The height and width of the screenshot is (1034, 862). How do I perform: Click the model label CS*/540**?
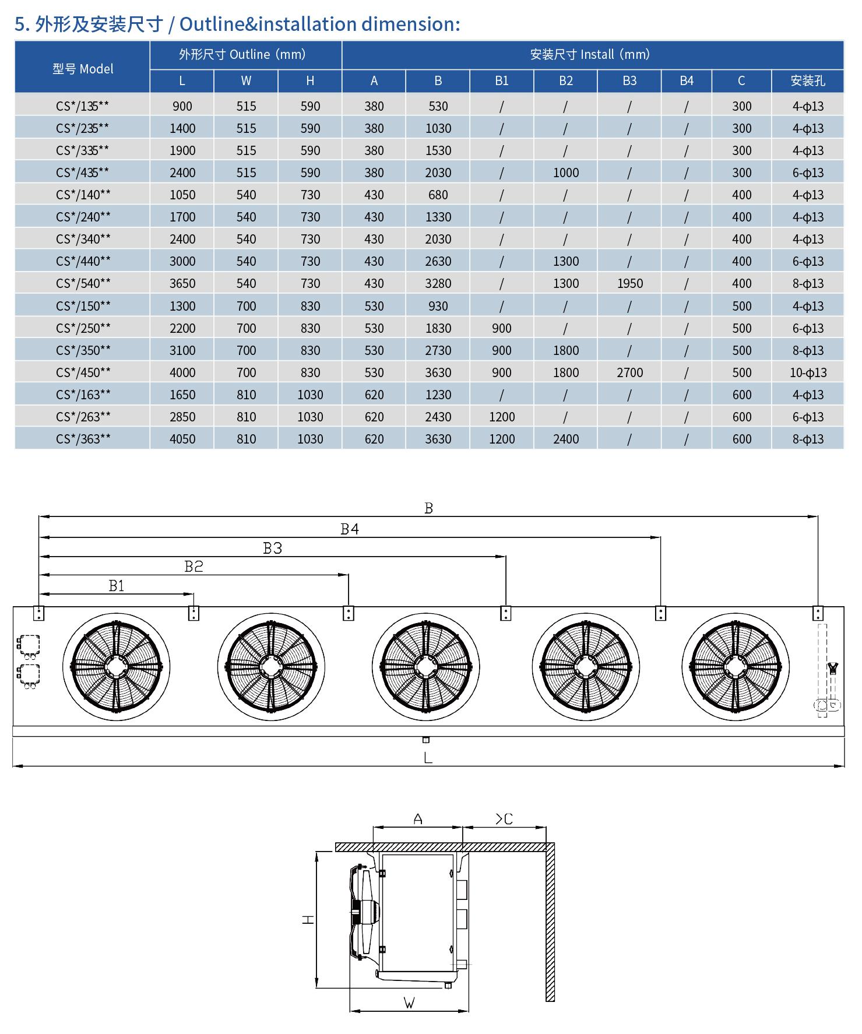(x=83, y=283)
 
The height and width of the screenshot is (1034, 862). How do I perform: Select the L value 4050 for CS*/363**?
(x=182, y=439)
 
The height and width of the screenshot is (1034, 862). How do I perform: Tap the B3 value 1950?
(x=629, y=283)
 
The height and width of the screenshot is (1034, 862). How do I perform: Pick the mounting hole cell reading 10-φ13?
(x=808, y=372)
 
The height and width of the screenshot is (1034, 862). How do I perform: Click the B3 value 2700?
(x=629, y=372)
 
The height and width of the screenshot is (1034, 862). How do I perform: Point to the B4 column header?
(x=686, y=81)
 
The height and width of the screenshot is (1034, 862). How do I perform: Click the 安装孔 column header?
(x=808, y=81)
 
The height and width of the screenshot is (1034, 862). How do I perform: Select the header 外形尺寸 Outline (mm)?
(x=242, y=55)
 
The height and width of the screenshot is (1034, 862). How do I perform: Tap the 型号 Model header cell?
(x=83, y=69)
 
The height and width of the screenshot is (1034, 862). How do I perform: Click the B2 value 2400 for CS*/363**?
(x=565, y=439)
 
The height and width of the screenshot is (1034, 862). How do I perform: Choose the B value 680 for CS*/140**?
(x=438, y=195)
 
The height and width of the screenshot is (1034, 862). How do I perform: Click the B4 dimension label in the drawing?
(x=350, y=529)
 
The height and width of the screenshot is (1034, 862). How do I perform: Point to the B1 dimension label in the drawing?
(x=117, y=585)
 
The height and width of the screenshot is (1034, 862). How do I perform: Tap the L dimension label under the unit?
(x=428, y=758)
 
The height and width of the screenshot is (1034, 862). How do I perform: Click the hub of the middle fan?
(x=426, y=666)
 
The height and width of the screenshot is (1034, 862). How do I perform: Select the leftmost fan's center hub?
(x=117, y=666)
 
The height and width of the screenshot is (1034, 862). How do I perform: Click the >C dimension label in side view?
(x=504, y=819)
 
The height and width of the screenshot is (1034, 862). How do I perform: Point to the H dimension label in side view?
(x=308, y=919)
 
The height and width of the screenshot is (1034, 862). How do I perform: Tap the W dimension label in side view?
(x=409, y=1003)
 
